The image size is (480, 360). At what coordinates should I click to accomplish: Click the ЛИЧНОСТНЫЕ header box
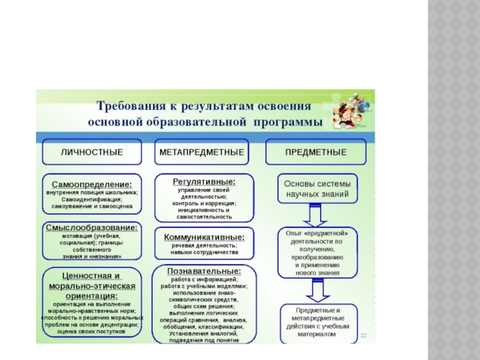pos(92,152)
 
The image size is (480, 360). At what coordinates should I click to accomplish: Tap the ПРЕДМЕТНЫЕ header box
pos(316,152)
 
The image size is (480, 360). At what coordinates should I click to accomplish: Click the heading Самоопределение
pos(92,184)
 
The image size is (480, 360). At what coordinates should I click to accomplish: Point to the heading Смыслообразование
pos(92,228)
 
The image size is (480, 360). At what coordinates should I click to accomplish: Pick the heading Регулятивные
pos(204,181)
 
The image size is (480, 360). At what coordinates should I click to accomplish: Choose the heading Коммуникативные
pos(204,236)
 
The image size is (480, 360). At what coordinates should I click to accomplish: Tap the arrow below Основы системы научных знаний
pos(316,214)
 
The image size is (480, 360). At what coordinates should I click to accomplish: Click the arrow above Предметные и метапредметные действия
pos(316,292)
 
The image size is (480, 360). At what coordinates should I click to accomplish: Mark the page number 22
pos(364,337)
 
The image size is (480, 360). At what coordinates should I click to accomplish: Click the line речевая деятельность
pos(204,245)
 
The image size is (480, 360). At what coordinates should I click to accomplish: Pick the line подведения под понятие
pos(204,340)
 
